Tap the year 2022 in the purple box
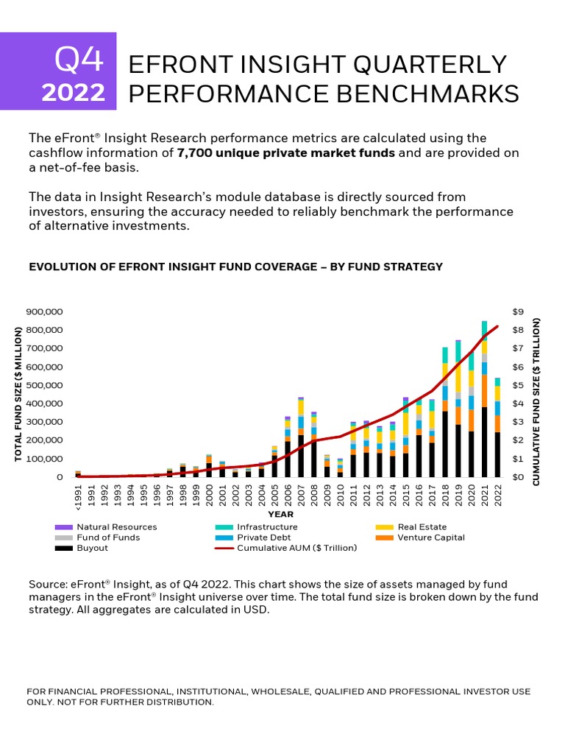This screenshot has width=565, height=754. click(x=73, y=94)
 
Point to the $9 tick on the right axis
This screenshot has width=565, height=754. click(x=518, y=311)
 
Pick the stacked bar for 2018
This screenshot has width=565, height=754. click(x=445, y=412)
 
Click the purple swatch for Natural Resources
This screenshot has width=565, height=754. click(x=63, y=527)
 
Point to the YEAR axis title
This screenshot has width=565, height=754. click(x=281, y=514)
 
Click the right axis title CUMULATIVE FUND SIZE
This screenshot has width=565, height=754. click(x=536, y=401)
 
